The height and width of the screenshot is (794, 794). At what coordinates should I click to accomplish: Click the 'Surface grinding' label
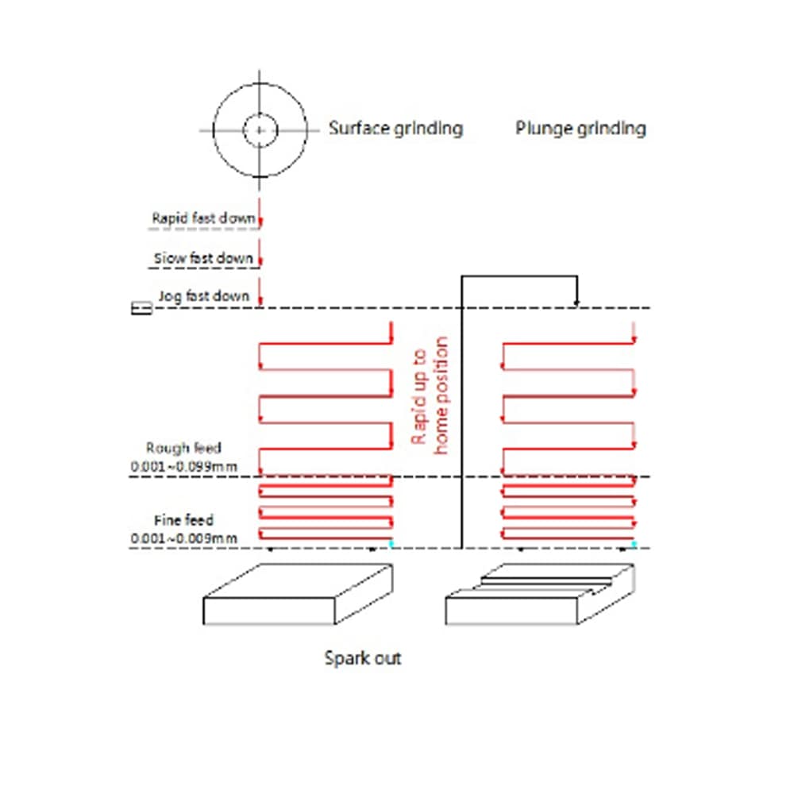(x=395, y=129)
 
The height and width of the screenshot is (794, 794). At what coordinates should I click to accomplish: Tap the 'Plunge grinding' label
(x=580, y=129)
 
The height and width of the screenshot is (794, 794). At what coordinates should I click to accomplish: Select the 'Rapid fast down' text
(x=203, y=218)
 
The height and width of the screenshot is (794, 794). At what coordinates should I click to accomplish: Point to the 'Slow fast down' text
(x=203, y=258)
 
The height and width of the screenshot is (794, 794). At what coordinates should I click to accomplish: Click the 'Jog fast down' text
(x=204, y=296)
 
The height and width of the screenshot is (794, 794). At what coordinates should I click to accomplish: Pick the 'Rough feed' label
(x=183, y=448)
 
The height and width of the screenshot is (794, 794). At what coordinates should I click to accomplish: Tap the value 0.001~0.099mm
(x=184, y=466)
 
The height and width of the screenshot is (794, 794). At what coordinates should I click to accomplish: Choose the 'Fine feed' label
(x=183, y=520)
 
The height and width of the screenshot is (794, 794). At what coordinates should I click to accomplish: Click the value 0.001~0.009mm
(x=184, y=538)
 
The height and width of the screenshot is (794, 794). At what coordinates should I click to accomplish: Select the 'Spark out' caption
(x=363, y=658)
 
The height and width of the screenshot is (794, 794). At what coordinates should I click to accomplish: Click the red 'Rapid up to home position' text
(x=430, y=395)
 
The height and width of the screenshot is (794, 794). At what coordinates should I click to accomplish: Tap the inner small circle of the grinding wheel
(x=260, y=130)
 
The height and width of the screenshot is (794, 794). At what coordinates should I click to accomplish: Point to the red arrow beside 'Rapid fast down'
(x=260, y=213)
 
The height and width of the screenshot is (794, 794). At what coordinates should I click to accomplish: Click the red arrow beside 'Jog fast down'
(x=260, y=292)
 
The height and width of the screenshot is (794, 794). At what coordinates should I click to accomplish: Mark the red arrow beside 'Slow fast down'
(x=260, y=252)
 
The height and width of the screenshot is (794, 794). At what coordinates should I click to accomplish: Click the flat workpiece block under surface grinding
(x=298, y=595)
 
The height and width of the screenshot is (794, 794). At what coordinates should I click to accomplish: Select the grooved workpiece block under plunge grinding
(x=540, y=595)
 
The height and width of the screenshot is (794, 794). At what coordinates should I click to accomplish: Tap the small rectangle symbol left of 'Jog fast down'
(x=141, y=308)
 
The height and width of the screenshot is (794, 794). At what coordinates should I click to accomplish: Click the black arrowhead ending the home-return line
(x=576, y=303)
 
